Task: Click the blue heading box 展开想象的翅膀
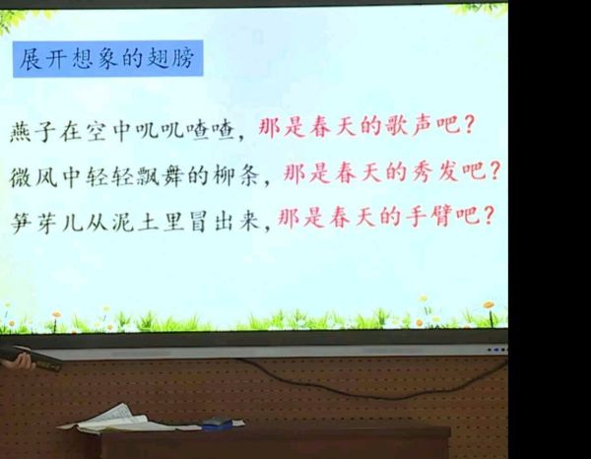[x=107, y=59]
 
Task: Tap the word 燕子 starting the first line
[x=33, y=132]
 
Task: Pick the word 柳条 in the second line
[x=235, y=175]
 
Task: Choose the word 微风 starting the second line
[x=33, y=177]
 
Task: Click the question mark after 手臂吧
[x=488, y=216]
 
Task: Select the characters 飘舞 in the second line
[x=160, y=176]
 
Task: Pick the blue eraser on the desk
[x=217, y=424]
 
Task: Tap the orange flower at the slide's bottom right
[x=489, y=305]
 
